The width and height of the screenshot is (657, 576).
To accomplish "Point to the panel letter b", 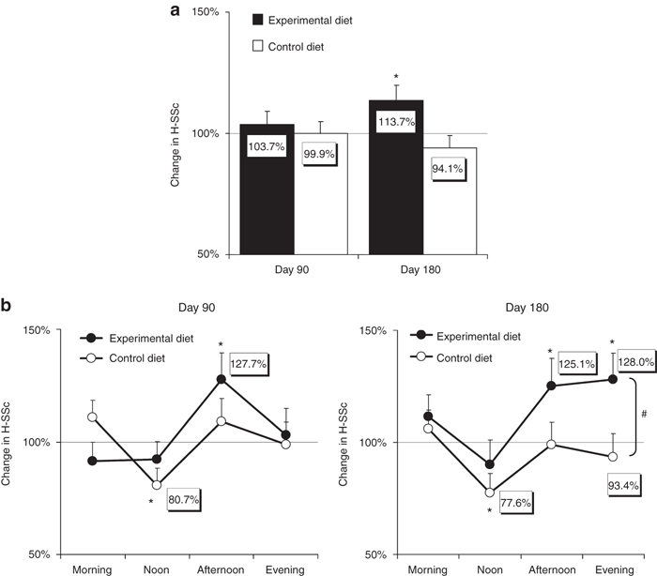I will coord(8,306).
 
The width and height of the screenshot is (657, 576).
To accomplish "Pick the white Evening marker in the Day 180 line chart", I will coord(612,456).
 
